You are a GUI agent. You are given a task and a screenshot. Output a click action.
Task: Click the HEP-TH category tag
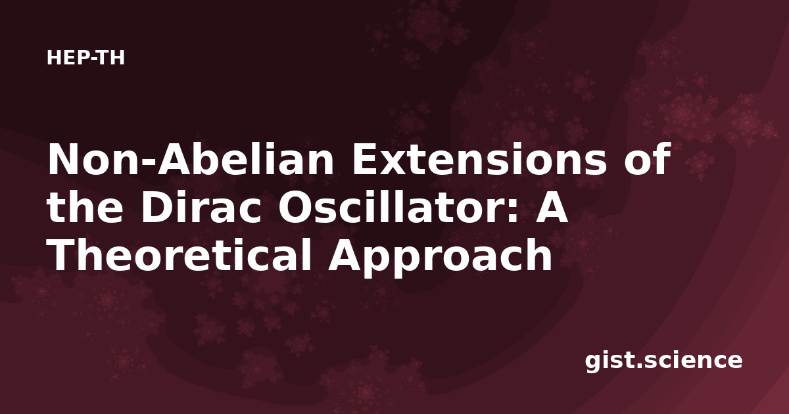(85, 58)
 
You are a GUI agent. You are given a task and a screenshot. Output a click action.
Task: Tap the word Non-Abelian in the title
(191, 159)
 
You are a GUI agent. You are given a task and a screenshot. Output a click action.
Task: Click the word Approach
(441, 257)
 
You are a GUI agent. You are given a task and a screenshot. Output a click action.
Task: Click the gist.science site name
(663, 361)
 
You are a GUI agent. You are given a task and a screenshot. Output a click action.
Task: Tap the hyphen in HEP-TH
(91, 59)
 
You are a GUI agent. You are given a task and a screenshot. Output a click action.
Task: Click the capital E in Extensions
(365, 159)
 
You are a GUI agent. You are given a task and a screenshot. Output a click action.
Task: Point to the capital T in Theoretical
(62, 254)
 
